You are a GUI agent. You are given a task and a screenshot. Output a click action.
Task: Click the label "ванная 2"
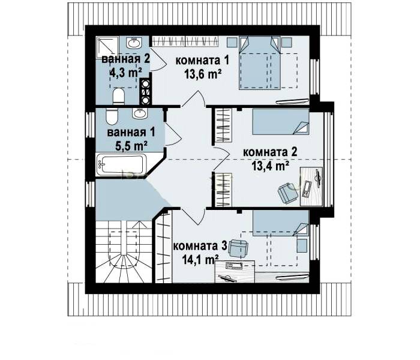[125, 59]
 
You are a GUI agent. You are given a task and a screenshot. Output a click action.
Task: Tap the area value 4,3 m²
[125, 73]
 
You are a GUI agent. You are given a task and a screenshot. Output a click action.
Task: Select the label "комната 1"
[202, 60]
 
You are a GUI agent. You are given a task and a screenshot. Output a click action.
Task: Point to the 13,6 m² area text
[203, 74]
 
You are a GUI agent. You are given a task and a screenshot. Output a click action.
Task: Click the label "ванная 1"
[131, 133]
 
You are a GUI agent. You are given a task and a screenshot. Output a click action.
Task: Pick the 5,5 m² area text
[131, 146]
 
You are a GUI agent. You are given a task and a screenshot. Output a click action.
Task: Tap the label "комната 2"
[270, 152]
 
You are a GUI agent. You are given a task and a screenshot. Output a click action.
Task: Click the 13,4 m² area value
[270, 166]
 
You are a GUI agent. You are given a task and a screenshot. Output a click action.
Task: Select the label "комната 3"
[200, 246]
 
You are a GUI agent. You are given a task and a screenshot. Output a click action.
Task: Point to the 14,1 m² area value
[200, 260]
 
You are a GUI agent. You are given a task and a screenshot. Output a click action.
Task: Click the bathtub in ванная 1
[121, 164]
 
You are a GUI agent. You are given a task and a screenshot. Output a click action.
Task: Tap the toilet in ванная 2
[118, 97]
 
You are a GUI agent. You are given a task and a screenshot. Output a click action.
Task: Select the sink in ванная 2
[134, 43]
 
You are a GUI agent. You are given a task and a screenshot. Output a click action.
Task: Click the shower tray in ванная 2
[107, 47]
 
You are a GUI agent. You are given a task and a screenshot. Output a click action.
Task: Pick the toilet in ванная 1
[112, 116]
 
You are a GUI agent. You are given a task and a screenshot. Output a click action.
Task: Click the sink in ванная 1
[139, 113]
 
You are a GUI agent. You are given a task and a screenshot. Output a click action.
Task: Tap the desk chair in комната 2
[287, 193]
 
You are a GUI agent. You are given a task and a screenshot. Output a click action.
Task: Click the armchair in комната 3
[238, 248]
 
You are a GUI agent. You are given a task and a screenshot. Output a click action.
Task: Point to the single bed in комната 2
[281, 122]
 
